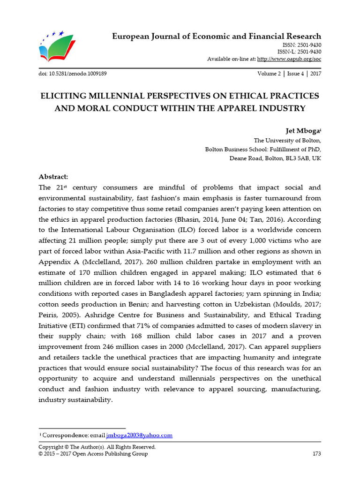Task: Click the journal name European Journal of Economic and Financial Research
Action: point(217,36)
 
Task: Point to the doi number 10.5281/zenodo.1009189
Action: point(80,74)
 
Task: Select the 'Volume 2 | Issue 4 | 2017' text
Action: point(289,74)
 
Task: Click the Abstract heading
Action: point(53,177)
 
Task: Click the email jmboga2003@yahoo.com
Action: point(139,435)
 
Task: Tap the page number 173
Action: point(316,454)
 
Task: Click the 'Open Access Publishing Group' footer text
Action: point(111,454)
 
